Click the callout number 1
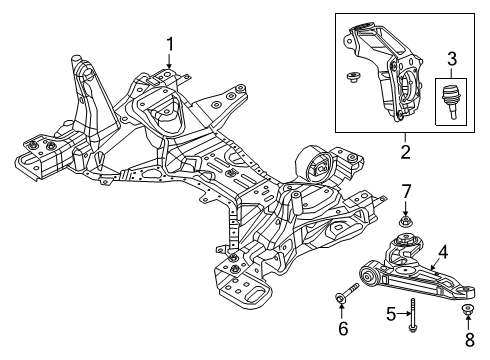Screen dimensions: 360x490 click(x=170, y=43)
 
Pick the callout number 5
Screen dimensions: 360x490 click(x=391, y=314)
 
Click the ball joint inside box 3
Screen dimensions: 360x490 click(x=449, y=101)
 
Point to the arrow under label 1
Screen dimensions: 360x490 click(x=170, y=62)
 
